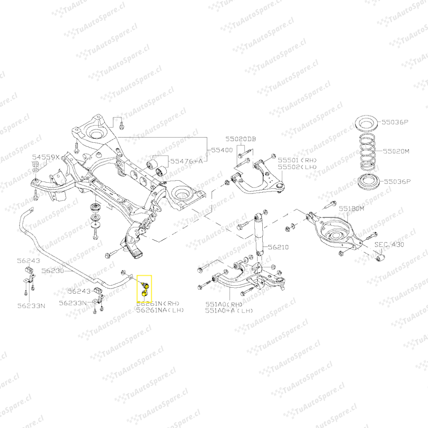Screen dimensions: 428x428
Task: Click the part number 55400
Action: coord(222,151)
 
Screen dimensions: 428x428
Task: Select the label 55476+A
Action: coord(187,161)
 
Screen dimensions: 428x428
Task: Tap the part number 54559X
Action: coord(46,157)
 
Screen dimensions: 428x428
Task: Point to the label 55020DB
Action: coord(241,139)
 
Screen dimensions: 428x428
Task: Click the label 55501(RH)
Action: coord(297,160)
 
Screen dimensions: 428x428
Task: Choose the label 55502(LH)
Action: coord(297,167)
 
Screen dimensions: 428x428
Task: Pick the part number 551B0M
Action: coord(350,208)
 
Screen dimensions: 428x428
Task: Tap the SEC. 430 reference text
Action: coord(390,245)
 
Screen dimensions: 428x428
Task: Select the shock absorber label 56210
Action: coord(278,247)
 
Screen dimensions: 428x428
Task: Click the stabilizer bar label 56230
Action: coord(53,271)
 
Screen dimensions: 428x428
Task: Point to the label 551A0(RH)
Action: coord(224,304)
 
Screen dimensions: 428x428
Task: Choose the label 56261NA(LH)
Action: coord(160,310)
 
